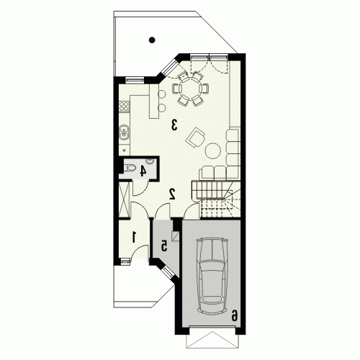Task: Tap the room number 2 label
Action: (172, 194)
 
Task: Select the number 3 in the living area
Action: (174, 125)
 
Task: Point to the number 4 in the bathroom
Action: (143, 171)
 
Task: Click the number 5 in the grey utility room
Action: (164, 246)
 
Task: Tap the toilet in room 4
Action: (130, 168)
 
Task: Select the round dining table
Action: (190, 88)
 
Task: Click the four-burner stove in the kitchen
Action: (125, 107)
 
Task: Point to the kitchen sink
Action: (124, 132)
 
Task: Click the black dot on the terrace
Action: (152, 40)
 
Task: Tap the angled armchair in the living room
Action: (195, 138)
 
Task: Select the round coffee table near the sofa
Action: (212, 150)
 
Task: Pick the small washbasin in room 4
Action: (150, 161)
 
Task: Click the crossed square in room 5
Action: (176, 236)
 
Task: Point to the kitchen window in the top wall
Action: (135, 79)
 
